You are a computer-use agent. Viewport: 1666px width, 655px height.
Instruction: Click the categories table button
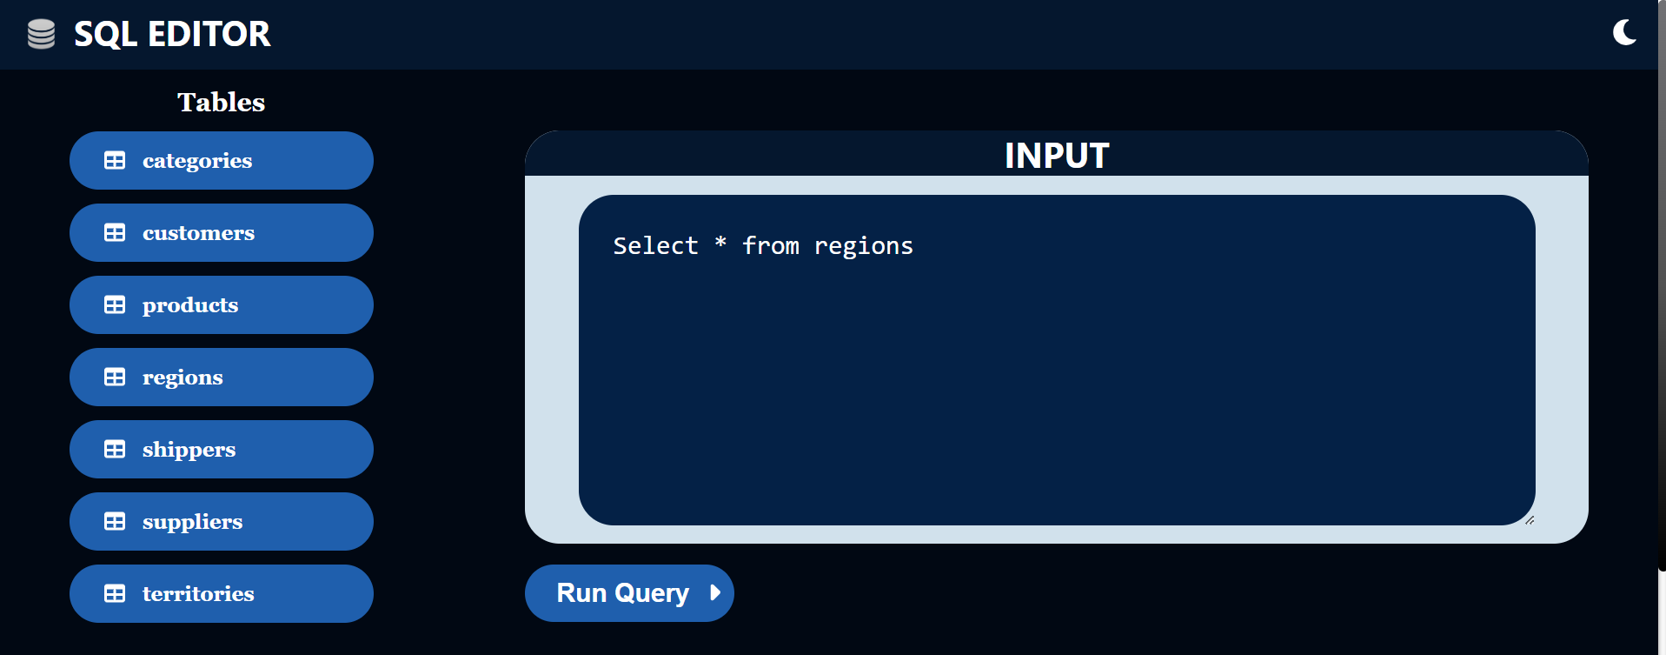(x=221, y=161)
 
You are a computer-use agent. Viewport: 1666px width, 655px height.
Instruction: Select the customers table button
(x=221, y=233)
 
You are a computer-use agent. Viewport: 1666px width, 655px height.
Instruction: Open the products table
(x=221, y=305)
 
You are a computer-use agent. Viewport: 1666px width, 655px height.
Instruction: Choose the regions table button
(x=221, y=378)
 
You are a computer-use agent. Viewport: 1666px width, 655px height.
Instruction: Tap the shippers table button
(x=221, y=450)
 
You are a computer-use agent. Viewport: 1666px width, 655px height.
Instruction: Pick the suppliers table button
(x=221, y=522)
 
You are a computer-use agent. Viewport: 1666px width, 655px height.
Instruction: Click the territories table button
(x=221, y=594)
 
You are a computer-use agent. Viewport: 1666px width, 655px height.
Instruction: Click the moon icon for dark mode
(x=1623, y=33)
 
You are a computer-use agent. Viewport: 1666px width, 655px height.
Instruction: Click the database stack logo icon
(x=41, y=34)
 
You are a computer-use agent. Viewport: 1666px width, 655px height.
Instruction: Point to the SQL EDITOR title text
(x=172, y=34)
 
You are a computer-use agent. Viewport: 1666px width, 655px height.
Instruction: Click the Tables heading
(x=221, y=103)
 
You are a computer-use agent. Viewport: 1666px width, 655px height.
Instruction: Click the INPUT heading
(x=1056, y=156)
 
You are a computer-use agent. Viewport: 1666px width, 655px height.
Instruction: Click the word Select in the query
(x=655, y=246)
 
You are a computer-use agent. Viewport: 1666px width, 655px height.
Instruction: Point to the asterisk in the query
(x=720, y=243)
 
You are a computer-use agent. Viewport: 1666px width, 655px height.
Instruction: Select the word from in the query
(x=771, y=246)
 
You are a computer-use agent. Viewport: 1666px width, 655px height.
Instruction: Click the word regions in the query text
(x=863, y=246)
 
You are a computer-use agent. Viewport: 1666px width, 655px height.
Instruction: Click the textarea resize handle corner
(x=1530, y=520)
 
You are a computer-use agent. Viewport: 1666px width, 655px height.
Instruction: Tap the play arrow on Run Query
(x=715, y=593)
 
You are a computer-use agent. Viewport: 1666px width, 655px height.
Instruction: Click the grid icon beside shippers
(x=115, y=450)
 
